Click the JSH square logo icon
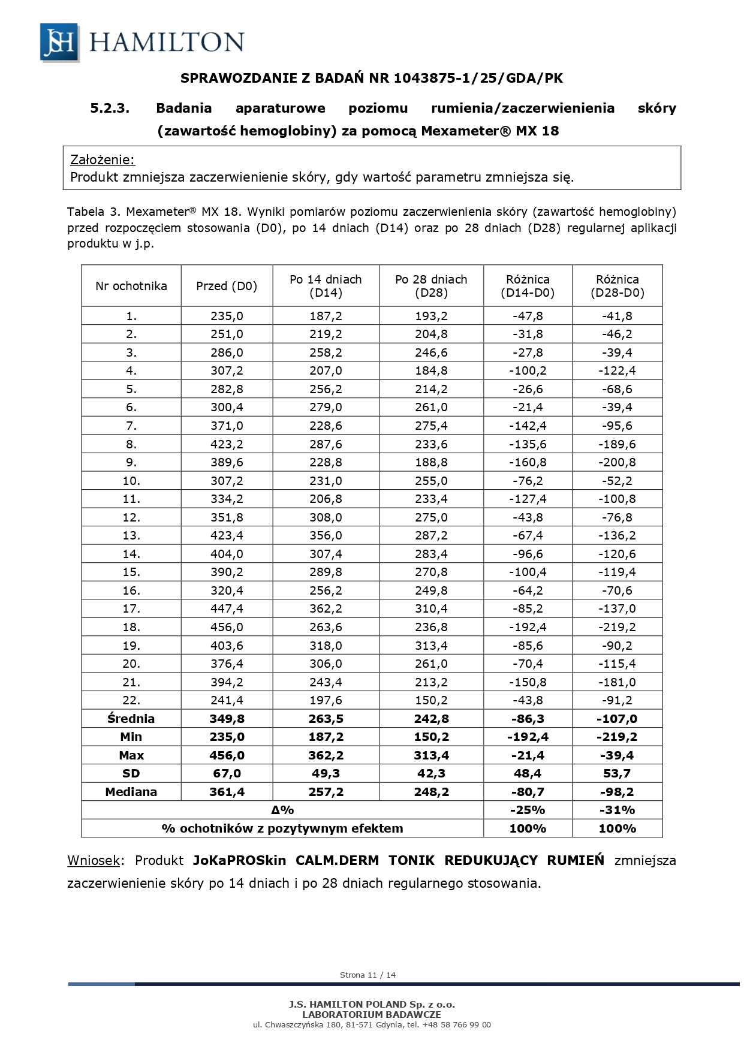(x=59, y=42)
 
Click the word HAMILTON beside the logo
(x=167, y=42)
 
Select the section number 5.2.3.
(x=110, y=108)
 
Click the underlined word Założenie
(x=103, y=160)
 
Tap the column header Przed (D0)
(x=227, y=286)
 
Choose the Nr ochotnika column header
(x=131, y=286)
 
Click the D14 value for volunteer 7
(x=326, y=426)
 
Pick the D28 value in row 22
(x=431, y=700)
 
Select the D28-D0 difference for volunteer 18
(x=617, y=627)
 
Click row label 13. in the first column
(x=131, y=535)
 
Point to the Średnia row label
(x=131, y=719)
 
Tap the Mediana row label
(x=131, y=792)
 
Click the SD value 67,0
(x=227, y=773)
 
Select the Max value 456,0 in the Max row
(x=227, y=755)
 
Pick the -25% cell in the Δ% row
(x=528, y=810)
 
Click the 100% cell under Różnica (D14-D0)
(x=528, y=828)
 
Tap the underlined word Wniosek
(x=94, y=861)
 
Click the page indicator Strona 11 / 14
(x=368, y=975)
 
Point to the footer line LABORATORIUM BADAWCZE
(x=372, y=1015)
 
